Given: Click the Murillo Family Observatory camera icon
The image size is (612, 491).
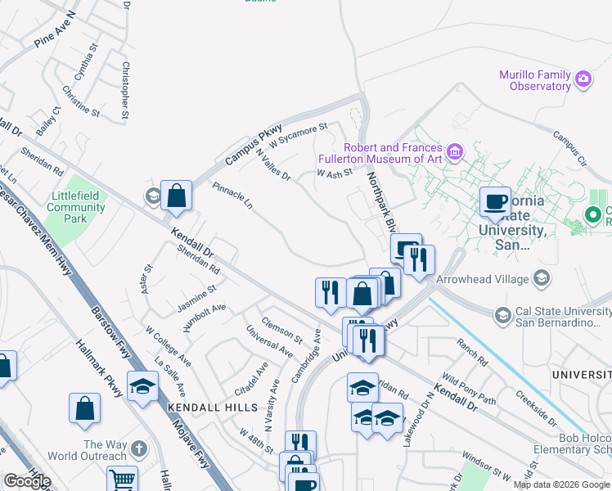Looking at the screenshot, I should pyautogui.click(x=583, y=79).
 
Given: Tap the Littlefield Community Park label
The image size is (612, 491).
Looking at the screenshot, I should pyautogui.click(x=76, y=202).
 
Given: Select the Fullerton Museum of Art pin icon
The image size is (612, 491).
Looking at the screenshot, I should pyautogui.click(x=456, y=152).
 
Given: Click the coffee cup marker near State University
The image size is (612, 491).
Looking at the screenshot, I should pyautogui.click(x=495, y=202).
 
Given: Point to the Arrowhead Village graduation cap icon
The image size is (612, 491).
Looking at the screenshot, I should pyautogui.click(x=540, y=279).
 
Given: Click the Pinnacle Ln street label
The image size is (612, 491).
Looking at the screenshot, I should pyautogui.click(x=232, y=196).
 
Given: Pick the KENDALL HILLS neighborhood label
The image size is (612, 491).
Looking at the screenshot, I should pyautogui.click(x=201, y=407).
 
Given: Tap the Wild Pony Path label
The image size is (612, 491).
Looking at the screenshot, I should pyautogui.click(x=469, y=388).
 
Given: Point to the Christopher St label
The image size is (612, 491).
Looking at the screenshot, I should pyautogui.click(x=125, y=90).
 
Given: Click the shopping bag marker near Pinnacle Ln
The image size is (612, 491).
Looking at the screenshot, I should pyautogui.click(x=176, y=196).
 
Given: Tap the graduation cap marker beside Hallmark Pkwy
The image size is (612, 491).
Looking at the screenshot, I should pyautogui.click(x=142, y=385).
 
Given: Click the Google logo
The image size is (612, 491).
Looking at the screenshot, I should pyautogui.click(x=27, y=481).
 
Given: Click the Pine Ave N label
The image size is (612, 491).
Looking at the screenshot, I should pyautogui.click(x=55, y=29).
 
